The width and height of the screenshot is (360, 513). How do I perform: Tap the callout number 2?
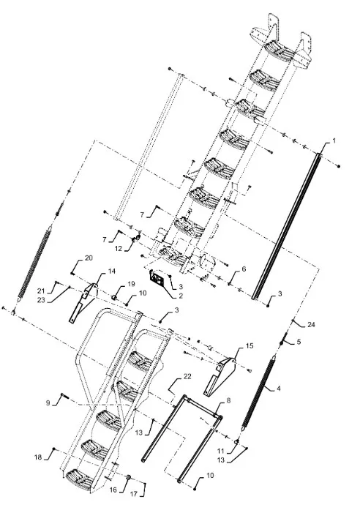click(x=179, y=296)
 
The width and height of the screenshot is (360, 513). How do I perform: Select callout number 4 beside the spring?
click(x=279, y=389)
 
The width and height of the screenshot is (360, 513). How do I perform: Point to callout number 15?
click(x=250, y=345)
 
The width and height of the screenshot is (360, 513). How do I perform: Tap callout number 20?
click(x=89, y=258)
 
